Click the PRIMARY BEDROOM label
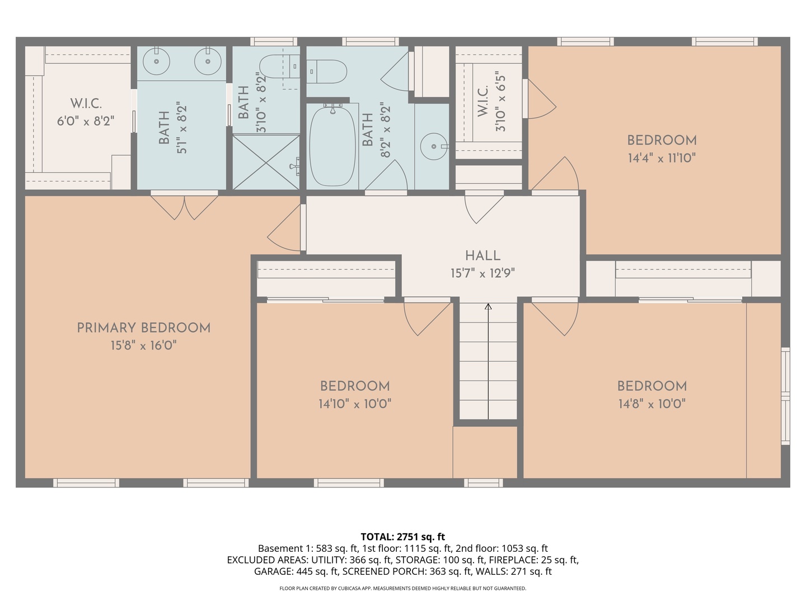[143, 328]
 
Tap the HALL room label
[482, 255]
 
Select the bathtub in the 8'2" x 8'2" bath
[333, 146]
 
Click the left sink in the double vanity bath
[157, 61]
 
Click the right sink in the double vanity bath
[208, 61]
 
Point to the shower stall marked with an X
[266, 162]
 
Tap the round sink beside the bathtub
[434, 146]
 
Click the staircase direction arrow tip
[488, 306]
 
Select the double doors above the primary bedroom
[184, 206]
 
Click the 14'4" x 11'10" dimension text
[662, 158]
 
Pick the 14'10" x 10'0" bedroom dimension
[355, 403]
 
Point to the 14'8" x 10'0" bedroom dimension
[652, 403]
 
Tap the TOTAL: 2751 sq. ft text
[402, 537]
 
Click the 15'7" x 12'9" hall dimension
[482, 273]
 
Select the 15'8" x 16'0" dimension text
[143, 345]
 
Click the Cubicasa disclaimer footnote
[402, 588]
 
